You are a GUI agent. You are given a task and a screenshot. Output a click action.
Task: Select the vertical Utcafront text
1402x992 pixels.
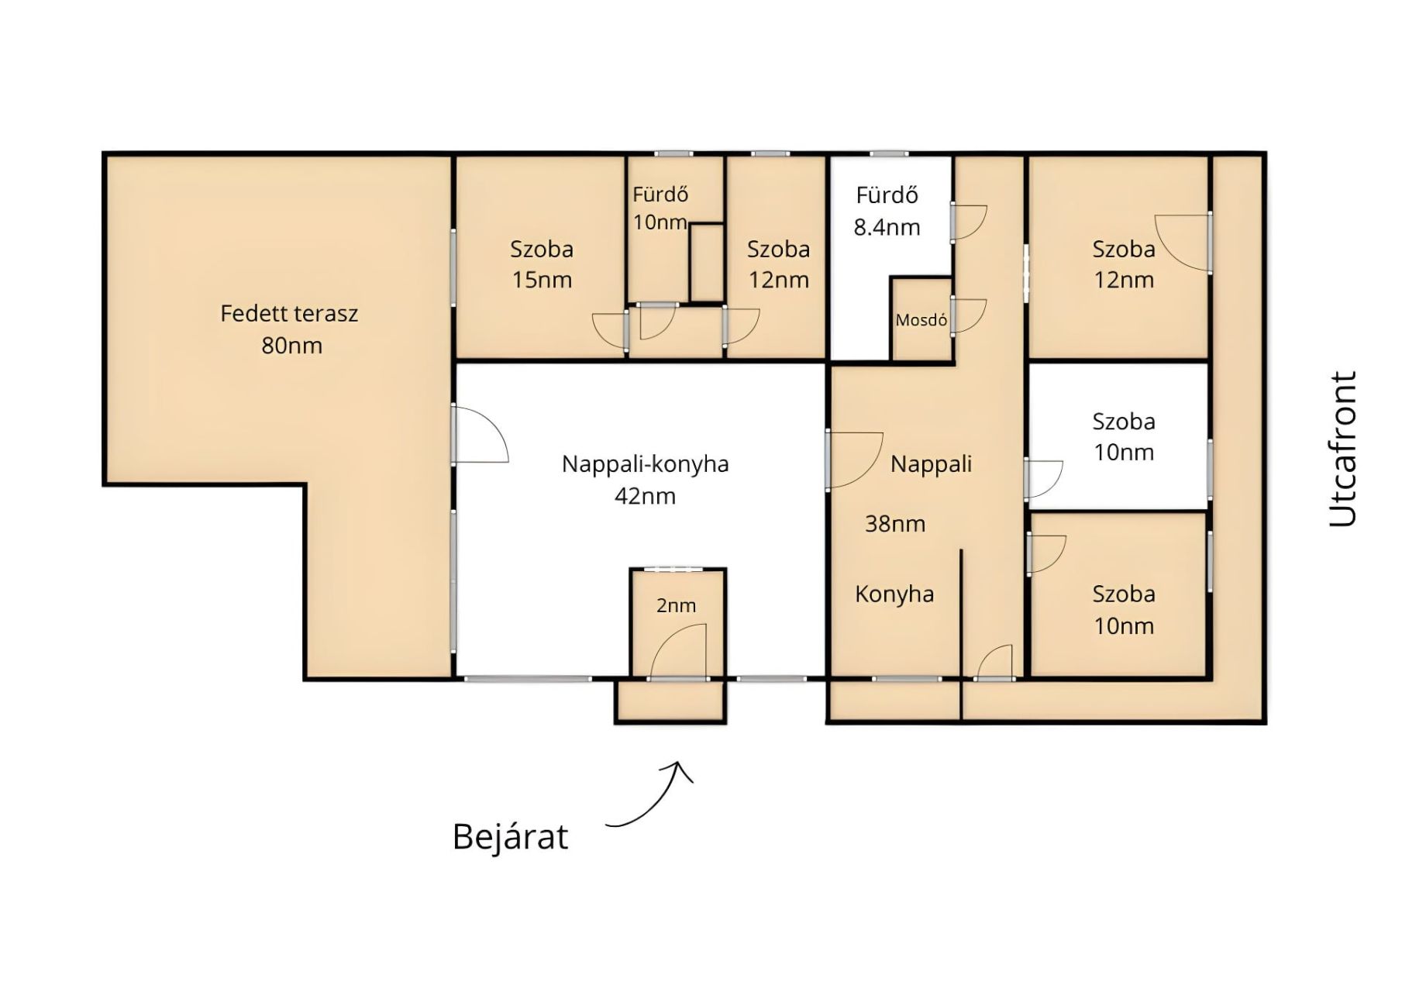[1343, 449]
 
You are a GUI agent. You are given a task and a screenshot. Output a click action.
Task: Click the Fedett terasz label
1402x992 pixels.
[289, 314]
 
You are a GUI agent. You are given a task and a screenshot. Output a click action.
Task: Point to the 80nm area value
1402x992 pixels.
[291, 346]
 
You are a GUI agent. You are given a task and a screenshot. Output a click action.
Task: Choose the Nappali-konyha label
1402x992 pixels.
[645, 464]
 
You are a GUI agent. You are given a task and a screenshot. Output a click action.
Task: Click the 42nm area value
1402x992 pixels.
[645, 496]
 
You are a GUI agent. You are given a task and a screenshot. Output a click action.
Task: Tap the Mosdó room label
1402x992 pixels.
[921, 320]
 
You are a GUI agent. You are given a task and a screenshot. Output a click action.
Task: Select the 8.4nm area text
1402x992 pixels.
[887, 228]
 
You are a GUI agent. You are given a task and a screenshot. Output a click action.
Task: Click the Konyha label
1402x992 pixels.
[894, 594]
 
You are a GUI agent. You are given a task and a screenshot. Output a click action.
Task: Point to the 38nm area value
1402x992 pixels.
[895, 524]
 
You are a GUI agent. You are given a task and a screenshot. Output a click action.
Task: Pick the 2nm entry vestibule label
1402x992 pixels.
[676, 605]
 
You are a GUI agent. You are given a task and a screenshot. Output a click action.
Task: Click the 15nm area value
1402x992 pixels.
[542, 280]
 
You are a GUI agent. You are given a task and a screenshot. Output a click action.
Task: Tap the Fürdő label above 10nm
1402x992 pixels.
[660, 195]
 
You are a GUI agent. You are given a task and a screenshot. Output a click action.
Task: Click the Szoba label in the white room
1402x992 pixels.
[1124, 422]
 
